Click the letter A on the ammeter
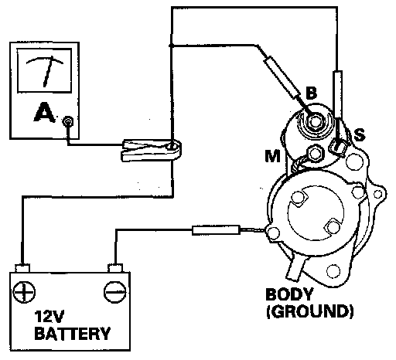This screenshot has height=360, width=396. coord(44,112)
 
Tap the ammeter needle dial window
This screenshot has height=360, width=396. coord(44,70)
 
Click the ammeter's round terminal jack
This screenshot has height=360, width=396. coord(68,121)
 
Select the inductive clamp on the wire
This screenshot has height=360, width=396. coord(152,150)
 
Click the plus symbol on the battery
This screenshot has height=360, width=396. coord(24,292)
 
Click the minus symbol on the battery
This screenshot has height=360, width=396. coord(114,292)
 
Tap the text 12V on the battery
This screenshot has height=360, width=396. coord(49,317)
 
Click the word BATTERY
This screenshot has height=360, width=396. coord(73,334)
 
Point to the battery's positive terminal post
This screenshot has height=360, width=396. coord(22,268)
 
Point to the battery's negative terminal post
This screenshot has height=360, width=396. coord(115,268)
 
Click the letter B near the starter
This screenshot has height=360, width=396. coord(312,93)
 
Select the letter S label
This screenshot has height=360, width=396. coord(360,134)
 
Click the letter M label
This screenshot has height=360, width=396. coord(273,156)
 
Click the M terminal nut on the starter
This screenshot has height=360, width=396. coord(315,154)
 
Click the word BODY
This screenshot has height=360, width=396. coord(289,294)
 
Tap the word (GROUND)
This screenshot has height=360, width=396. coord(310,311)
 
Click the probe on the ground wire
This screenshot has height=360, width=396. coord(216,230)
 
